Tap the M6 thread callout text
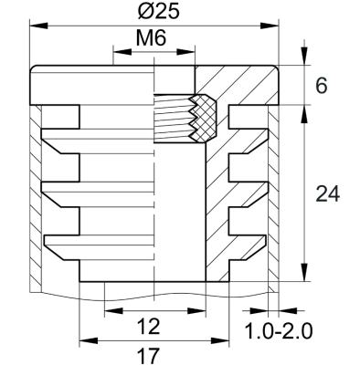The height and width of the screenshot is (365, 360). click(153, 40)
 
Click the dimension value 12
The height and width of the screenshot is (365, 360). click(153, 326)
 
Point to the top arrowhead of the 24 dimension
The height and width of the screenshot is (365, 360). click(302, 109)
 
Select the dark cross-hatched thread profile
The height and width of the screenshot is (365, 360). click(200, 120)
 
